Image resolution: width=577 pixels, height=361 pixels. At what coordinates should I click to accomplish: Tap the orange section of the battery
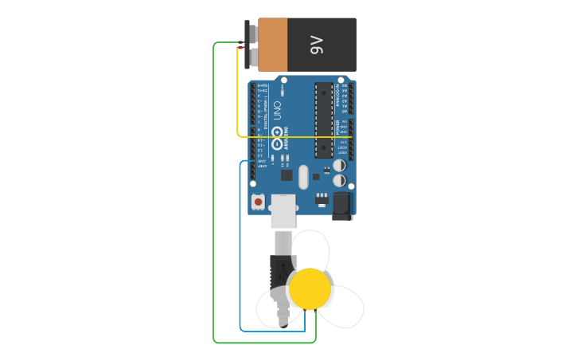click(272, 45)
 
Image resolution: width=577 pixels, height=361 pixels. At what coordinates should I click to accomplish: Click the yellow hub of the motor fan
click(310, 288)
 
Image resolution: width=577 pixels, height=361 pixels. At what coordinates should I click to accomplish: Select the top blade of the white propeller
click(311, 249)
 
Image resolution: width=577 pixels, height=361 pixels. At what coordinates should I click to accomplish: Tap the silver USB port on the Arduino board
click(283, 211)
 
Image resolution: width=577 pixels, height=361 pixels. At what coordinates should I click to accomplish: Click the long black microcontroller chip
click(324, 120)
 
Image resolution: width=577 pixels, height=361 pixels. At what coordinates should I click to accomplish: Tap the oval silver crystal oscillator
click(303, 177)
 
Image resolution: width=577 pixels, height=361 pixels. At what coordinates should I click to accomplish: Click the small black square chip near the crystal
click(287, 175)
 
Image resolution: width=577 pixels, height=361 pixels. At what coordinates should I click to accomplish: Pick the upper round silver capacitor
click(339, 166)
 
